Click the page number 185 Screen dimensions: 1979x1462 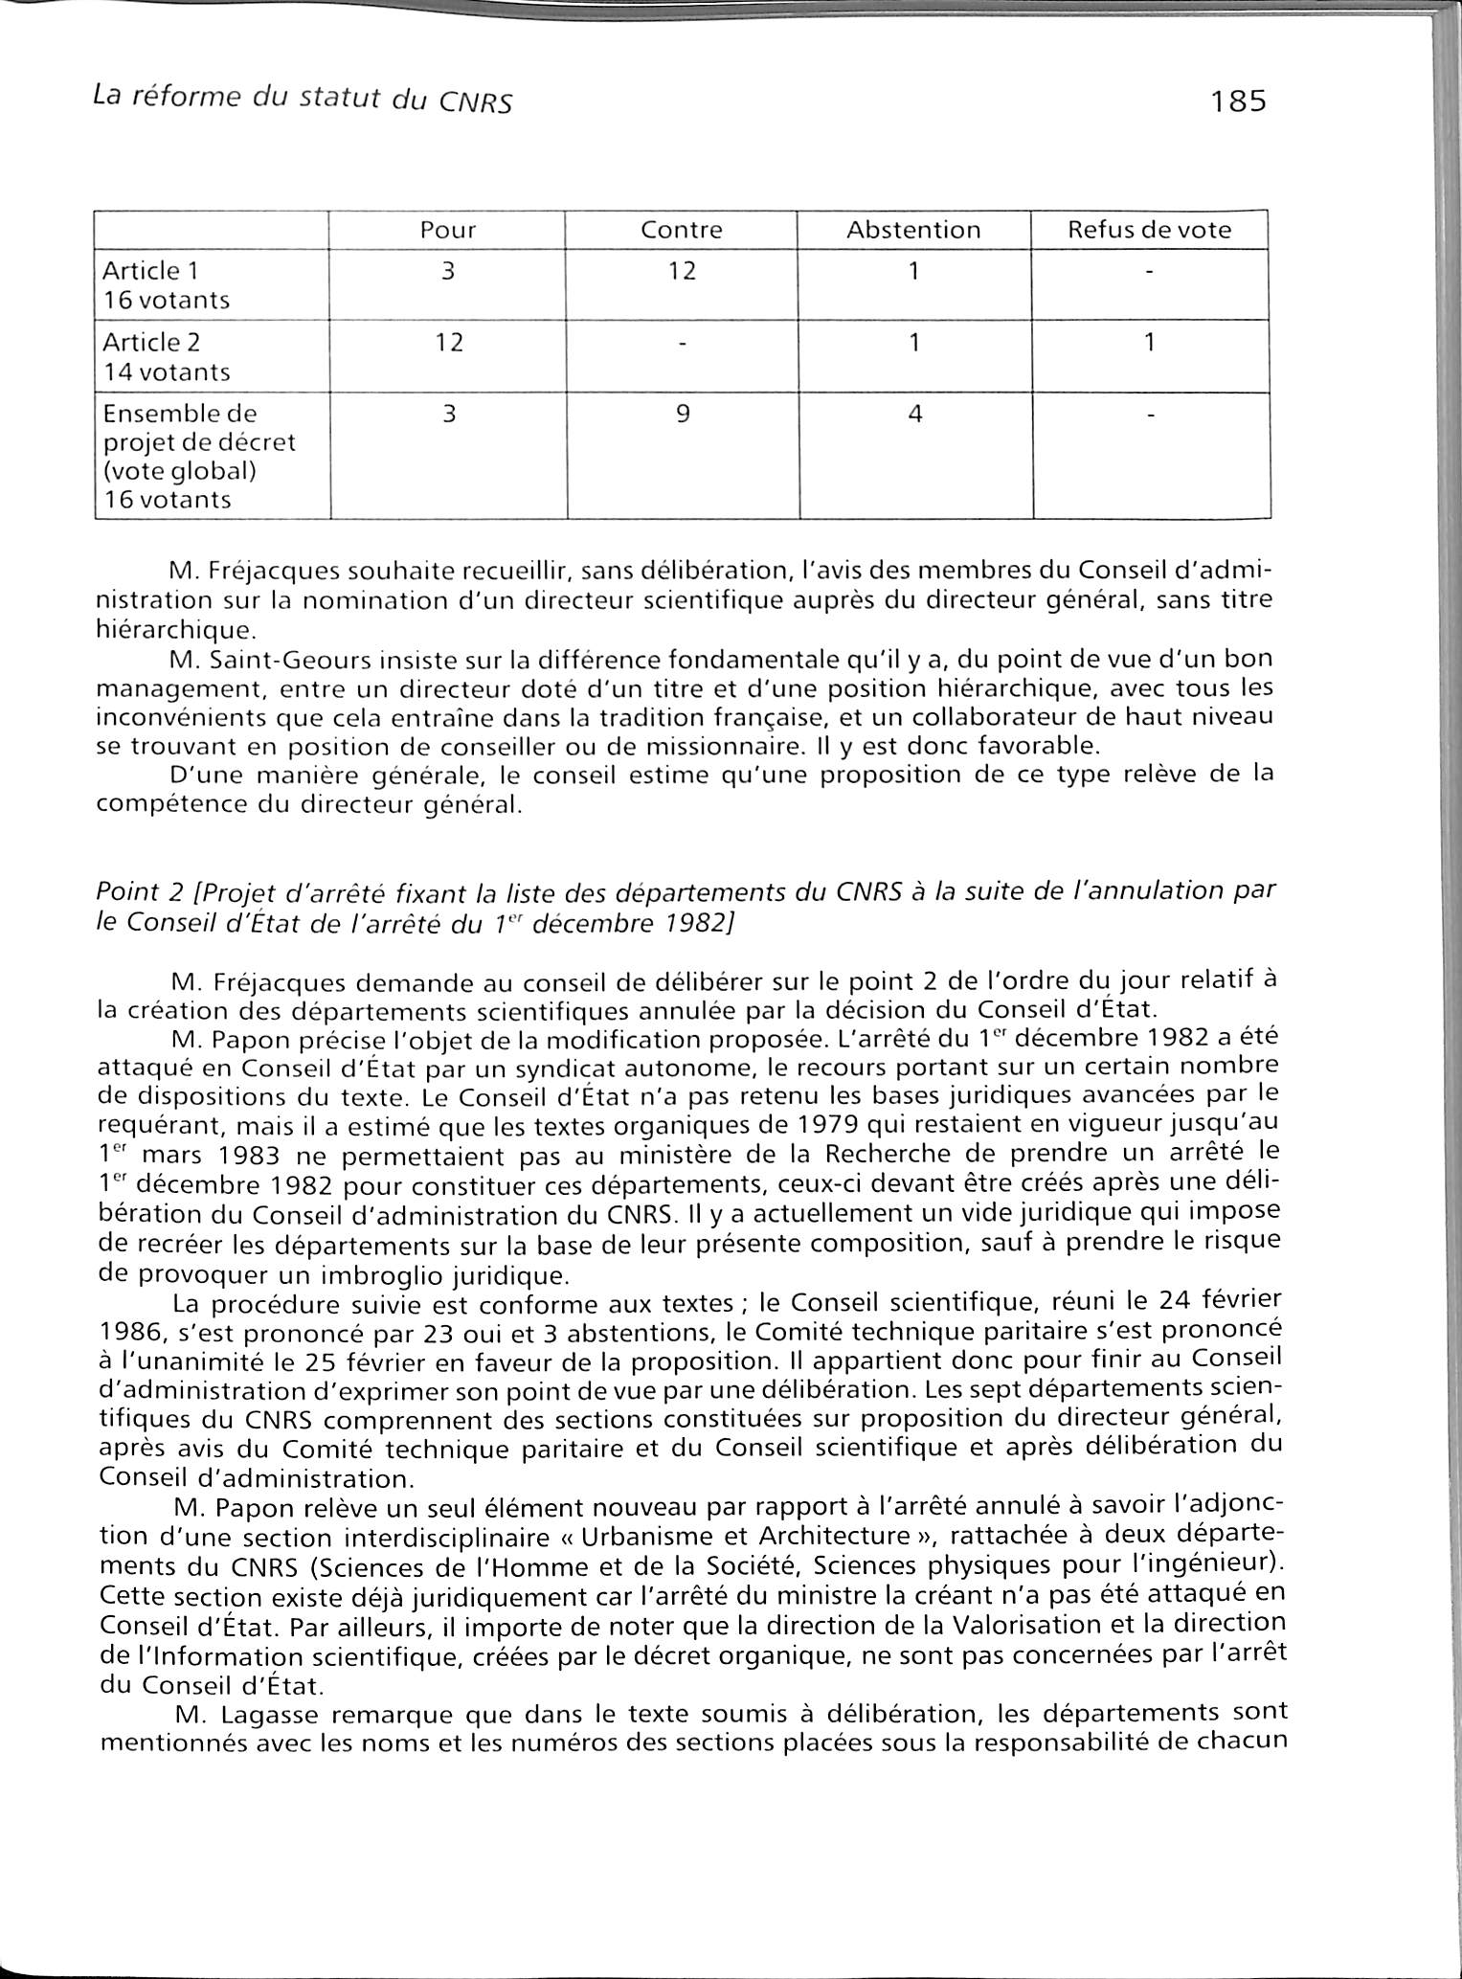coord(1238,101)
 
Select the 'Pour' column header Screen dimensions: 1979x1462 coord(448,230)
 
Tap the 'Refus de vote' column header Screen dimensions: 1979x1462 coord(1149,230)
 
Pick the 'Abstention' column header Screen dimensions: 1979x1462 coord(913,230)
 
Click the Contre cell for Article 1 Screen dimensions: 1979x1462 coord(682,271)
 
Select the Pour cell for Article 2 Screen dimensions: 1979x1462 coord(448,342)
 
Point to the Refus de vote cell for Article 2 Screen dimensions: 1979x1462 coord(1149,342)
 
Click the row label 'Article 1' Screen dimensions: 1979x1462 coord(151,272)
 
